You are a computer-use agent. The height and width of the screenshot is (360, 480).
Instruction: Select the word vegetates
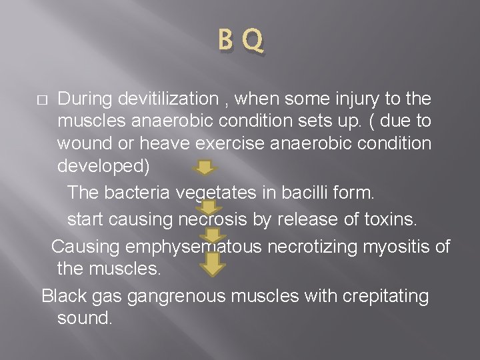coord(217,193)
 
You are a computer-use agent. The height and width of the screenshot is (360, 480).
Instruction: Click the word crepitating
coord(386,296)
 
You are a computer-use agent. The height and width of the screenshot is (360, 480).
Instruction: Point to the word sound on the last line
coord(85,318)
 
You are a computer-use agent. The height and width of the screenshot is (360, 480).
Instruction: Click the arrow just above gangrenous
coord(215,264)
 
